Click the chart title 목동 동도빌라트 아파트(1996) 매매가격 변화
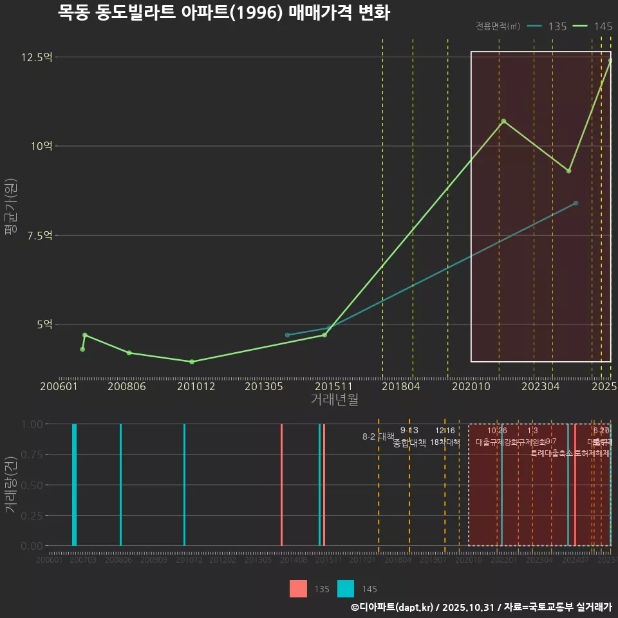tap(223, 13)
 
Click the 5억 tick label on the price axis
tap(44, 324)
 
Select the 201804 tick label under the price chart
tap(401, 386)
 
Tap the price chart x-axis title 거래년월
tap(334, 399)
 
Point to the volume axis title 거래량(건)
tap(11, 485)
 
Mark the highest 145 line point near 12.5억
tap(610, 61)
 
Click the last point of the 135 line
tap(576, 203)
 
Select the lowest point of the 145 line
tap(192, 362)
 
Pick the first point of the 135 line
tap(287, 335)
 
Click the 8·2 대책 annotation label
tap(378, 436)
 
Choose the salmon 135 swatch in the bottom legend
tap(298, 588)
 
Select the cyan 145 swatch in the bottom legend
tap(346, 588)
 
